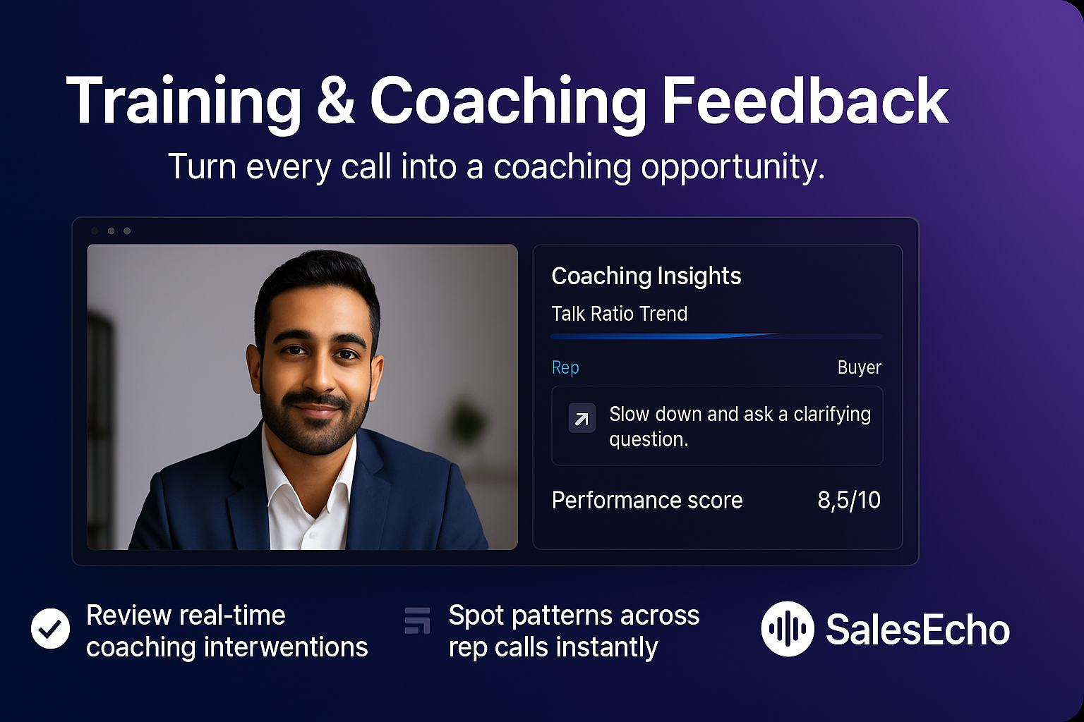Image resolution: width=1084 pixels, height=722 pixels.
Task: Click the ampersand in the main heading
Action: [x=335, y=102]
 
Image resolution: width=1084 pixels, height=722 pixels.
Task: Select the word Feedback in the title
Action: [x=805, y=102]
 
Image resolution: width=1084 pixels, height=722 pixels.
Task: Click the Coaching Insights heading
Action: [x=646, y=276]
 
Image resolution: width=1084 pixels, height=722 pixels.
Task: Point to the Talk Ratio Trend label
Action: [x=619, y=314]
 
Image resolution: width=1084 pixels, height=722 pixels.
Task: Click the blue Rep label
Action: [x=565, y=367]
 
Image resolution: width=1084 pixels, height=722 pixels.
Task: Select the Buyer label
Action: [x=859, y=367]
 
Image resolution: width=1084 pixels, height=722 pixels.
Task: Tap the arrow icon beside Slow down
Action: [x=582, y=419]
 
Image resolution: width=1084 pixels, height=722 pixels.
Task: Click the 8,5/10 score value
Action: [x=848, y=500]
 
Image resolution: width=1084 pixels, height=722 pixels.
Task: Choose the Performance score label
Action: [x=646, y=500]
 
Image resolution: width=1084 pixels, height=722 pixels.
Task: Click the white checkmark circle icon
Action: [x=51, y=628]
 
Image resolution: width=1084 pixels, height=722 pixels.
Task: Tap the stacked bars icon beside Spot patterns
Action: [x=417, y=620]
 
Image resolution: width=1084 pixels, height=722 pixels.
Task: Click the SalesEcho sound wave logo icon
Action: [x=787, y=628]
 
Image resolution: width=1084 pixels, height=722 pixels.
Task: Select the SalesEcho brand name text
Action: [x=917, y=630]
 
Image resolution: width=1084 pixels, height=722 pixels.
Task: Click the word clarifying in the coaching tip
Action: [x=831, y=415]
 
